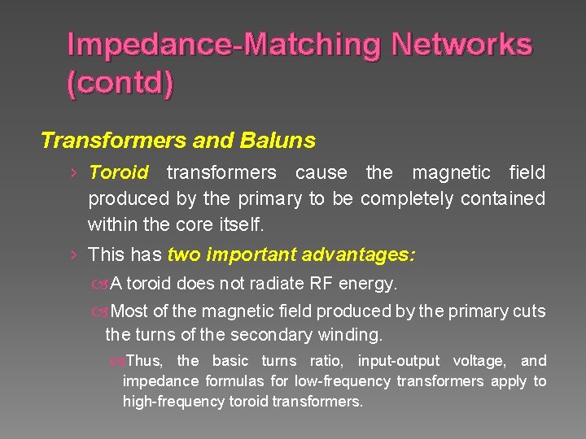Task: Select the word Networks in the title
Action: (461, 44)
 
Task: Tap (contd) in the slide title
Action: (120, 84)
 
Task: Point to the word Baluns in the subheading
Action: (278, 141)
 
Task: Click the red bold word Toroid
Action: (118, 172)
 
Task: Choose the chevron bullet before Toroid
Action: (73, 172)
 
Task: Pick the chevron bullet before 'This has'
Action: (73, 254)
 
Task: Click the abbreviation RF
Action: (319, 284)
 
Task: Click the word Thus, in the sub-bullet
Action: (146, 361)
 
